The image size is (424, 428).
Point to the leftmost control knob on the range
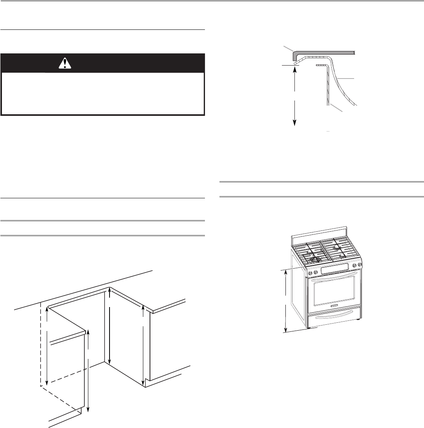point(310,273)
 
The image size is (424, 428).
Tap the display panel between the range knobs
point(334,269)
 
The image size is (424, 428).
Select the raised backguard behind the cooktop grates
point(319,235)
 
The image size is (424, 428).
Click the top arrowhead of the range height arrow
point(286,272)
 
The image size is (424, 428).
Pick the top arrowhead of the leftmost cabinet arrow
point(47,309)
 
